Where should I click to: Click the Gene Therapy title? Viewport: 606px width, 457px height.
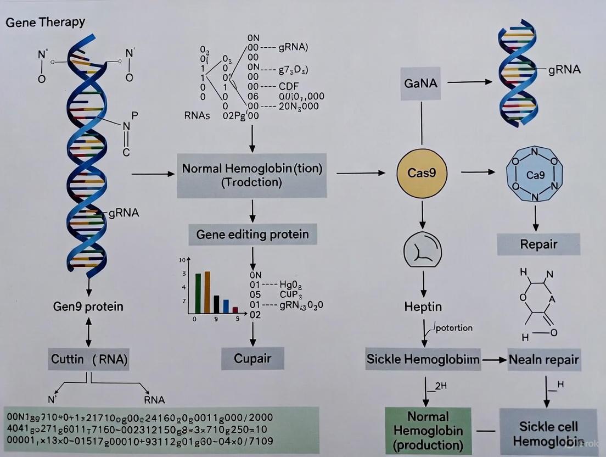pyautogui.click(x=46, y=22)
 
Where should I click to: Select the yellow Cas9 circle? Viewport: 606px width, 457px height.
pyautogui.click(x=422, y=173)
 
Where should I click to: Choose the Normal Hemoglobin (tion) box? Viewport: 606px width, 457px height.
pyautogui.click(x=251, y=176)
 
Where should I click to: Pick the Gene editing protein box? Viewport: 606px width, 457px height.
pyautogui.click(x=252, y=235)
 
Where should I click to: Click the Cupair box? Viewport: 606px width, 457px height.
pyautogui.click(x=253, y=359)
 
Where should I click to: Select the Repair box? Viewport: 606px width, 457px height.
pyautogui.click(x=538, y=244)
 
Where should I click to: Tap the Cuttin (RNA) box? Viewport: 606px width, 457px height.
pyautogui.click(x=89, y=359)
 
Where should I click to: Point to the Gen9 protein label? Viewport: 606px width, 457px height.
pyautogui.click(x=88, y=306)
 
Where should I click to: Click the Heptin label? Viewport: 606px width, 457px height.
pyautogui.click(x=423, y=306)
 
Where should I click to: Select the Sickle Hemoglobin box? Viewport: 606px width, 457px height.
pyautogui.click(x=423, y=359)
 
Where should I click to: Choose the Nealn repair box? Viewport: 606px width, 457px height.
pyautogui.click(x=543, y=360)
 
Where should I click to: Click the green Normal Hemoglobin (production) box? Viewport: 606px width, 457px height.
pyautogui.click(x=428, y=431)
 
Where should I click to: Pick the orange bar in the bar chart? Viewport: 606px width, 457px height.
pyautogui.click(x=207, y=291)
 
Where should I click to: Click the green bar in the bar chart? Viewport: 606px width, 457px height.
pyautogui.click(x=198, y=292)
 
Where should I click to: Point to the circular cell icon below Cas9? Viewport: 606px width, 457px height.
pyautogui.click(x=422, y=250)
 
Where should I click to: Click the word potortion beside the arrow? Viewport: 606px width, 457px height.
pyautogui.click(x=453, y=328)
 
